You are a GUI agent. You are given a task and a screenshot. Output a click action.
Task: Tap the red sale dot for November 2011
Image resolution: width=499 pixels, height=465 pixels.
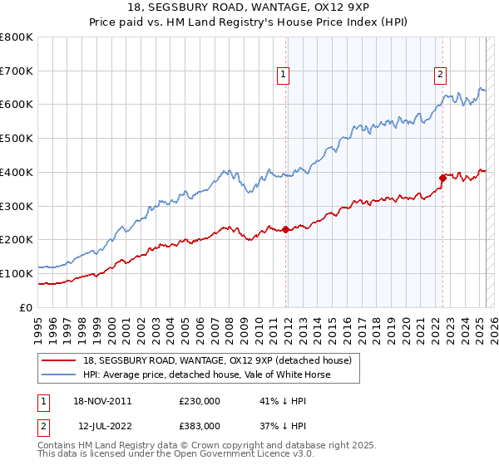(286, 229)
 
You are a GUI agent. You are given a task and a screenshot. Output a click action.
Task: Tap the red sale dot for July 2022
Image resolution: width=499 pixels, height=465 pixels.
(443, 177)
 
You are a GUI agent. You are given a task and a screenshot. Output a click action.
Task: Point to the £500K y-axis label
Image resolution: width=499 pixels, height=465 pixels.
(17, 139)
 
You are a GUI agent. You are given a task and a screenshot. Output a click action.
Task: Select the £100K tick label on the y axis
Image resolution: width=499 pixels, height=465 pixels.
(17, 273)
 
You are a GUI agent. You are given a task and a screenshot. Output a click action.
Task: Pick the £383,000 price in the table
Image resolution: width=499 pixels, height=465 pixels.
(199, 426)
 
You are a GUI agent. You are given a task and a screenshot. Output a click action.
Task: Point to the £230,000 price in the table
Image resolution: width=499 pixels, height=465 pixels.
(199, 400)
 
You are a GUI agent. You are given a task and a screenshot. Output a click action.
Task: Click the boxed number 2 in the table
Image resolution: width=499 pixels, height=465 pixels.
(42, 426)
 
